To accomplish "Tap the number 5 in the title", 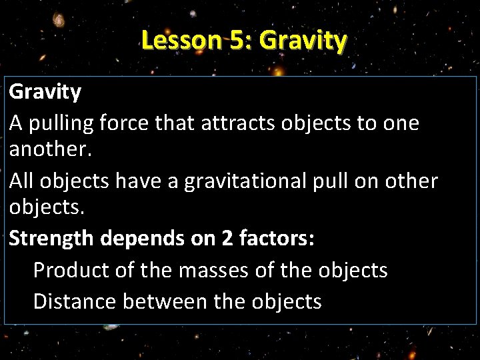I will tap(239, 41).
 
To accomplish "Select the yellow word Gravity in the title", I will tap(303, 42).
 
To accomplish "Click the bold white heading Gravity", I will tap(45, 92).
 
